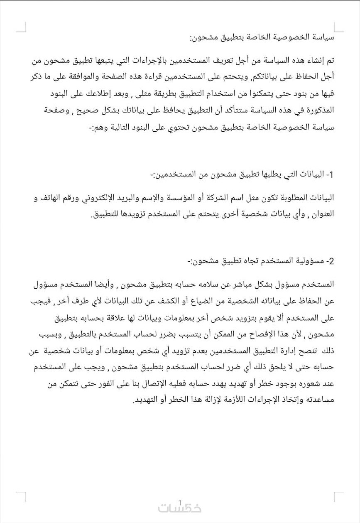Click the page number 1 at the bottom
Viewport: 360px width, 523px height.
pos(180,502)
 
